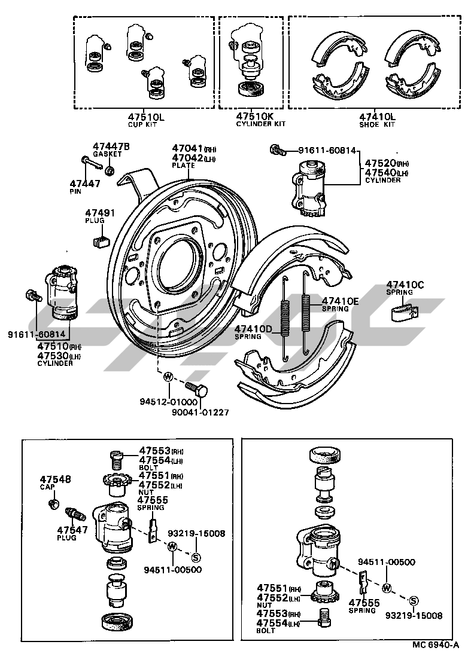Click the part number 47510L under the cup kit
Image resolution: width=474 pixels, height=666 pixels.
pos(146,117)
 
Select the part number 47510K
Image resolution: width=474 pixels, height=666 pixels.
pos(254,117)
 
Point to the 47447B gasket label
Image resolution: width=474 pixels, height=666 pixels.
pos(111,147)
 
